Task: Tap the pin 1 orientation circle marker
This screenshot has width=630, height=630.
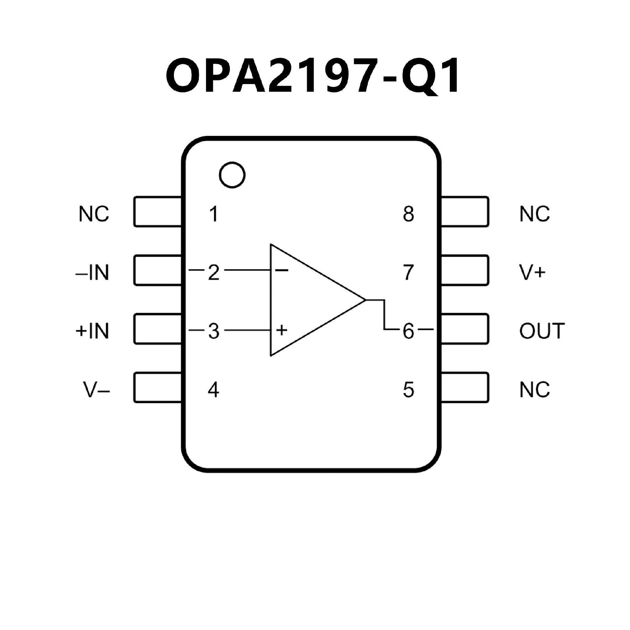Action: click(x=232, y=175)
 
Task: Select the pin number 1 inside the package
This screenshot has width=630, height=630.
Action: click(x=214, y=214)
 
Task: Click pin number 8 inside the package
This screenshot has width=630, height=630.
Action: click(x=408, y=214)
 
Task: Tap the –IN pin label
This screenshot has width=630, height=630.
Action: click(x=93, y=273)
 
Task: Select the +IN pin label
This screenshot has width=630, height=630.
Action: click(x=93, y=331)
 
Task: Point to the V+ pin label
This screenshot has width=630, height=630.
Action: click(x=532, y=273)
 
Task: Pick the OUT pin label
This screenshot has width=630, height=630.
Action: click(x=542, y=331)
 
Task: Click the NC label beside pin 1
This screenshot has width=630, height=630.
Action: click(x=94, y=214)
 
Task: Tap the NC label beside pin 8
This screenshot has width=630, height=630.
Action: click(x=535, y=214)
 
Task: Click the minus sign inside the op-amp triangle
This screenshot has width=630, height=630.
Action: click(x=282, y=270)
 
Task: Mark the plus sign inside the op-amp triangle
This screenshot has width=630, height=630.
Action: click(x=282, y=330)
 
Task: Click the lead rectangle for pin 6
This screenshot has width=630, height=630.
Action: click(x=465, y=329)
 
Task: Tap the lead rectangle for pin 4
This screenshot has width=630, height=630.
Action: click(x=157, y=388)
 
